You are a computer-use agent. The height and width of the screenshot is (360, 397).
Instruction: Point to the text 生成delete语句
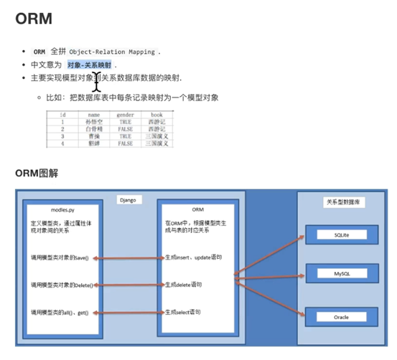pyautogui.click(x=183, y=285)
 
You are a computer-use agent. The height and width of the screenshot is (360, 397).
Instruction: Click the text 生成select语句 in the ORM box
pyautogui.click(x=183, y=313)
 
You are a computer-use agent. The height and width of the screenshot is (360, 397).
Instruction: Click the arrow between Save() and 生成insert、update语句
pyautogui.click(x=135, y=257)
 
